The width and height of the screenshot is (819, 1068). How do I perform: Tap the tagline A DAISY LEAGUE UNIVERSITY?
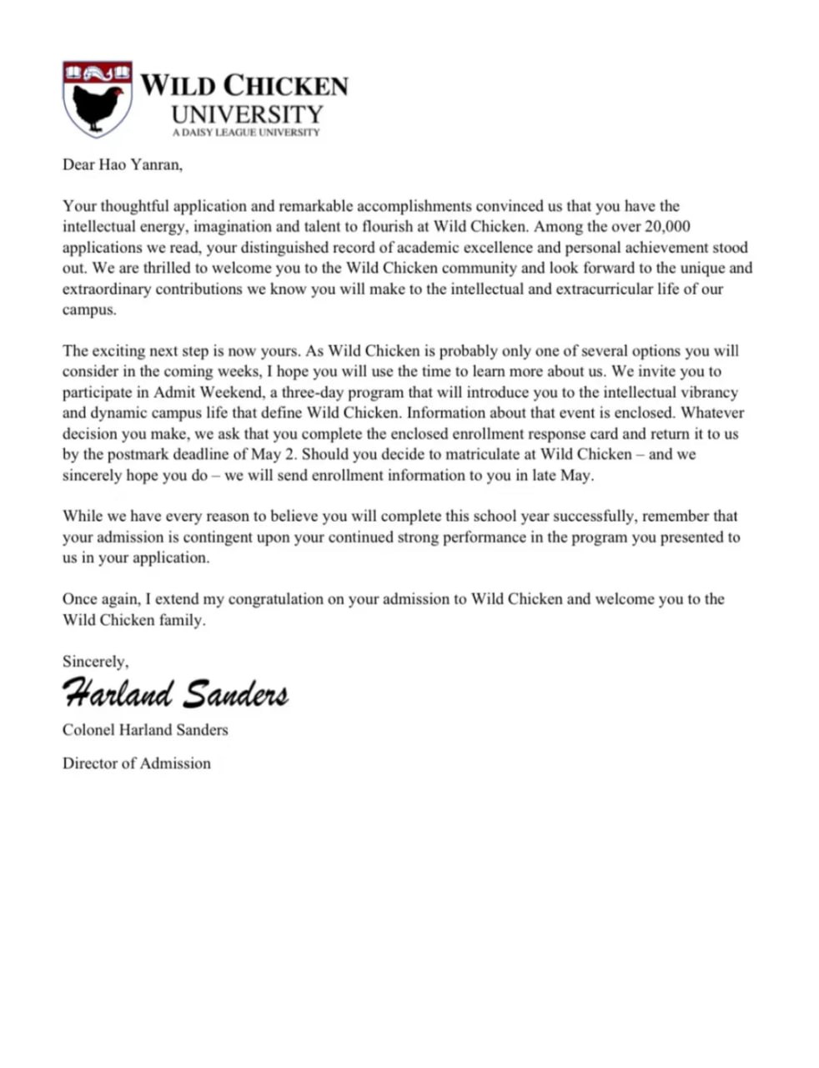click(x=245, y=133)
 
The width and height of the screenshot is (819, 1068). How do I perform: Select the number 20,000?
click(x=667, y=227)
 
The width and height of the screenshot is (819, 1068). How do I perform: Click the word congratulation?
click(x=275, y=599)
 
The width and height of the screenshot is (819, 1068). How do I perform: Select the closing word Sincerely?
click(x=95, y=662)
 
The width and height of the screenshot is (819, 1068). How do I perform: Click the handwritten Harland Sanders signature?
click(x=176, y=693)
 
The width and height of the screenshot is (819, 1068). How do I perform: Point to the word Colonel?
click(x=88, y=730)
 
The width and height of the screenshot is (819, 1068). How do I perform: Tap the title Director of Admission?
click(x=137, y=763)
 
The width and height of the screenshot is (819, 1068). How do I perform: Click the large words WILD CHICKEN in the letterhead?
click(x=244, y=86)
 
